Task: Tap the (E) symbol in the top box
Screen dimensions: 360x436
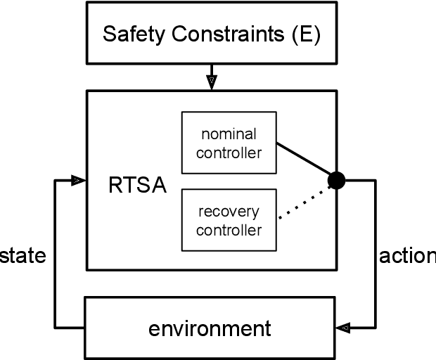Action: [304, 34]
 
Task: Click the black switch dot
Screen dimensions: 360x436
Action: [337, 181]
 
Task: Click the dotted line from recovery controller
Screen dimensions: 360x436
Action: [304, 202]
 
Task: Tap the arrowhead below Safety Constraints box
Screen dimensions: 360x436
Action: [212, 82]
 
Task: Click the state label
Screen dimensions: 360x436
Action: [23, 255]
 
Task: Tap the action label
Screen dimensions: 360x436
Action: [408, 255]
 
